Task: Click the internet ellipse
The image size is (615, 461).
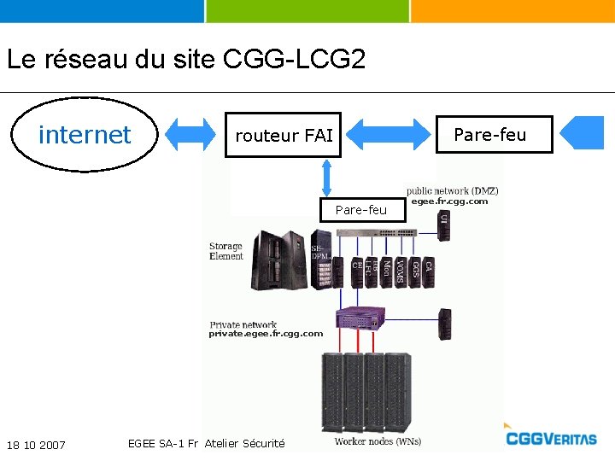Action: [85, 135]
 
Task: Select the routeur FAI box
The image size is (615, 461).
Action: [283, 135]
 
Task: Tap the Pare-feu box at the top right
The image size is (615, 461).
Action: [494, 134]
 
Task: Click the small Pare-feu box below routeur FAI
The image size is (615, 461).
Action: [360, 209]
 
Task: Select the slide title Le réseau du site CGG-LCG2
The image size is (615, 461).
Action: [186, 60]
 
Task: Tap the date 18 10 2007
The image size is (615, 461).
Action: [36, 445]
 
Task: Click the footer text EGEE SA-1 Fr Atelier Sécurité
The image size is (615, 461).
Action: [206, 443]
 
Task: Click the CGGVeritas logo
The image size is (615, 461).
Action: [551, 438]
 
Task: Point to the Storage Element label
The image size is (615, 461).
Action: [226, 251]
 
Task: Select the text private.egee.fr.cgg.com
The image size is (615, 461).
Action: [266, 334]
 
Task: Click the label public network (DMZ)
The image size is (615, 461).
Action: [453, 190]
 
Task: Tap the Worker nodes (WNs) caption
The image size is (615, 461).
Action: [378, 441]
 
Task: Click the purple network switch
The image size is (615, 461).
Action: [369, 319]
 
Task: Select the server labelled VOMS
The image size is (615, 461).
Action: [400, 271]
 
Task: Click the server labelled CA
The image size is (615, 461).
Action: [429, 271]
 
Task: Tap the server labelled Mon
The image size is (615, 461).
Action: [386, 271]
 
